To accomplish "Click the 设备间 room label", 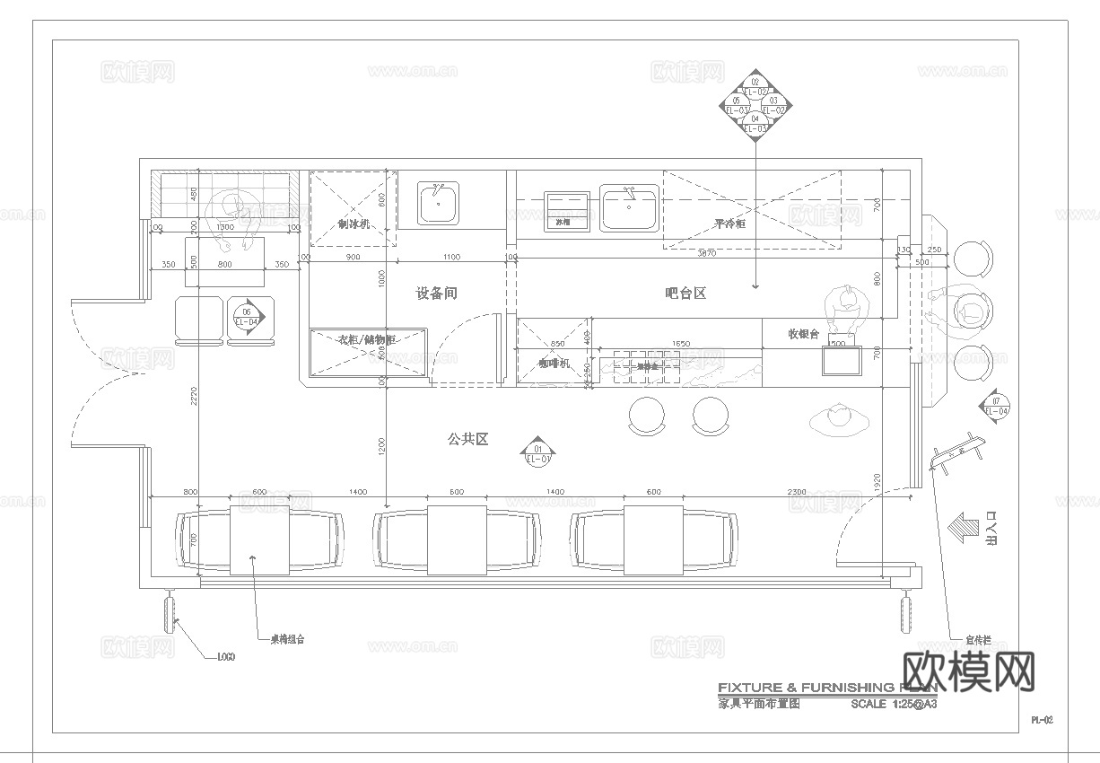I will click(437, 294).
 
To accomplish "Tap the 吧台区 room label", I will click(685, 294).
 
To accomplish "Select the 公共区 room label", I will click(467, 439).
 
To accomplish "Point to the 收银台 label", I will click(803, 334).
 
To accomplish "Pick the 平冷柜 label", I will click(729, 224).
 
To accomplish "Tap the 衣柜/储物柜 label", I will click(366, 340).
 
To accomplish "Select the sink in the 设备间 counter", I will click(438, 204).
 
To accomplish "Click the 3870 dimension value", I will click(706, 254).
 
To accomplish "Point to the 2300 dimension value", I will click(796, 492).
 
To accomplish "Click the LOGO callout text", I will click(226, 657).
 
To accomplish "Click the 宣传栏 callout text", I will click(978, 640).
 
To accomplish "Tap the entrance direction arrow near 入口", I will click(965, 528).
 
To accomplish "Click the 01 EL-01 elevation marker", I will click(538, 453).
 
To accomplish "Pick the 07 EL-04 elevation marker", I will click(996, 406).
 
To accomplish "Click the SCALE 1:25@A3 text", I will click(894, 705).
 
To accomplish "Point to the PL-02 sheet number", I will click(1041, 720).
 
